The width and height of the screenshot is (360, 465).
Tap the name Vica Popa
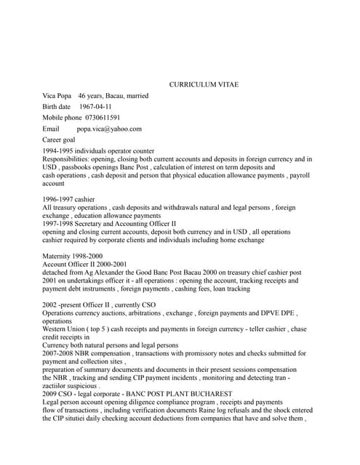tap(57, 96)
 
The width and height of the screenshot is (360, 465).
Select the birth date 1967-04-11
tap(95, 107)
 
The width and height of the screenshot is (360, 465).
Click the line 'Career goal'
tap(59, 139)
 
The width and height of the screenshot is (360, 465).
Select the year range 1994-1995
tap(59, 150)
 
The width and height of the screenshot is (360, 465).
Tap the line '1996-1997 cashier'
tap(68, 199)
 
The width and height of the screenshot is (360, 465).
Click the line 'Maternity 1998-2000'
tap(72, 256)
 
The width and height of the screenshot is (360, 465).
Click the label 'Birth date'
tap(57, 107)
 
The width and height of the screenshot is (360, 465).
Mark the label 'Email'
tap(50, 129)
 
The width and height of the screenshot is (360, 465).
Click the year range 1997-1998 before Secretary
tap(59, 224)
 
